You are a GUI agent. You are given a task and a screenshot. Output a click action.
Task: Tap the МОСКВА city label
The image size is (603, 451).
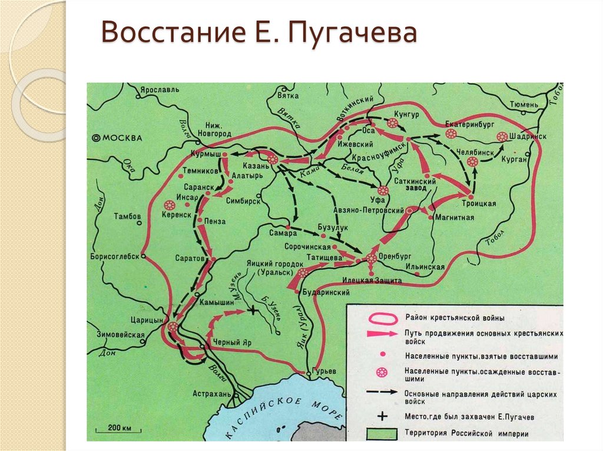[x=122, y=138]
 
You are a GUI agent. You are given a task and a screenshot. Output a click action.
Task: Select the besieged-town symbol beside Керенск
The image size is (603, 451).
[x=170, y=205]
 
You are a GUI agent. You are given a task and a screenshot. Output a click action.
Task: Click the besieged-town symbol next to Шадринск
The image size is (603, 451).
[x=502, y=136]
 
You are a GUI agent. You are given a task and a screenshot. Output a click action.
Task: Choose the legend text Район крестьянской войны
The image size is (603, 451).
[x=454, y=318]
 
